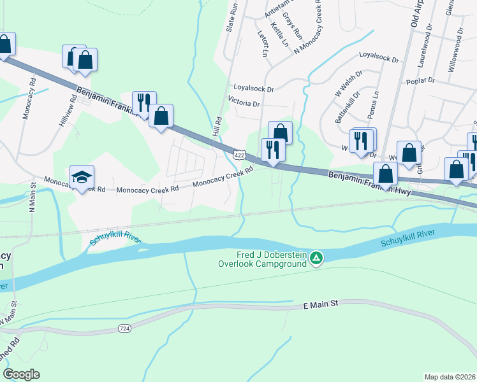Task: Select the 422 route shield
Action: pyautogui.click(x=238, y=155)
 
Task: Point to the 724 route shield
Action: pyautogui.click(x=126, y=329)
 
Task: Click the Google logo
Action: pyautogui.click(x=21, y=374)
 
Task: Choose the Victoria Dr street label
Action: pyautogui.click(x=244, y=103)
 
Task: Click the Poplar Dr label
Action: pyautogui.click(x=420, y=81)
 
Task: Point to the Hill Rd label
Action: pyautogui.click(x=217, y=128)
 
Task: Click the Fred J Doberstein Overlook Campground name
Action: pyautogui.click(x=262, y=258)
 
